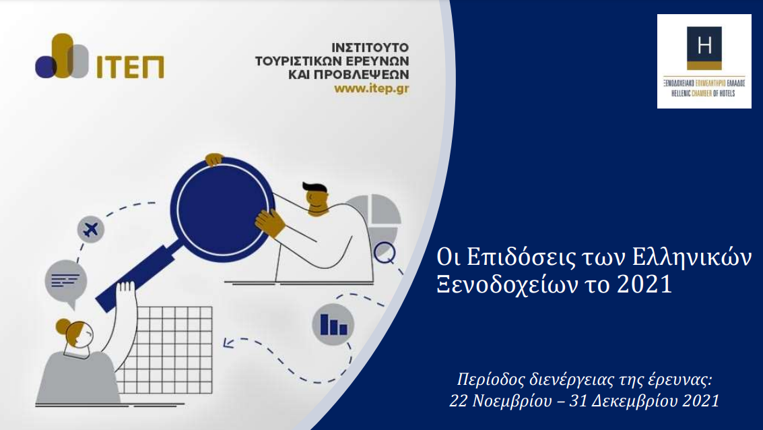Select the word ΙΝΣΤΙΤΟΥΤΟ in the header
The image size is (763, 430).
[370, 48]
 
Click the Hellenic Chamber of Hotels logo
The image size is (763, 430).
[704, 61]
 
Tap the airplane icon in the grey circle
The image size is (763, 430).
[90, 230]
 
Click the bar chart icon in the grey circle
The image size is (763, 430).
[333, 325]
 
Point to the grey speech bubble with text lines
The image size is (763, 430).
[65, 278]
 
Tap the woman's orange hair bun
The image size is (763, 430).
[63, 327]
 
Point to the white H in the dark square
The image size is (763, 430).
[704, 46]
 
